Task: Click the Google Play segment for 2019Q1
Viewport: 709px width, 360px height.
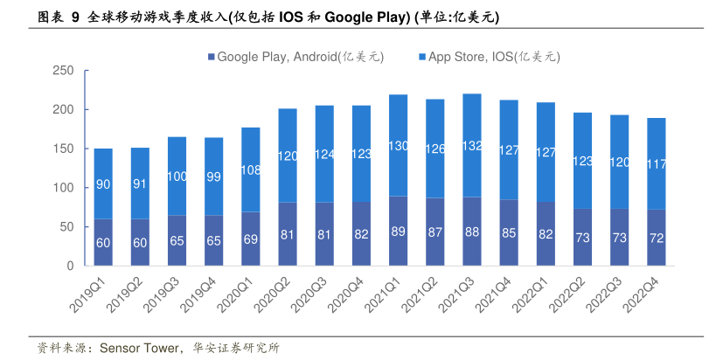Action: click(103, 242)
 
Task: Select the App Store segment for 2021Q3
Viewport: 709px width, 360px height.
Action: click(472, 146)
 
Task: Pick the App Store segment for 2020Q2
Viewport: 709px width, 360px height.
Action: click(288, 156)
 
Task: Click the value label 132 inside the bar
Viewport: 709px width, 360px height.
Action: click(472, 146)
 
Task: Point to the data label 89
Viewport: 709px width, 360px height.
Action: click(399, 232)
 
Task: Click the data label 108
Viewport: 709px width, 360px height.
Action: click(251, 170)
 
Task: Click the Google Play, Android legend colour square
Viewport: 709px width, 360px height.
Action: click(211, 58)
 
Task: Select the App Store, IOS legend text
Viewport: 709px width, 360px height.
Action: click(494, 58)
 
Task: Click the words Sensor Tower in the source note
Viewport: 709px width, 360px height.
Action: click(135, 348)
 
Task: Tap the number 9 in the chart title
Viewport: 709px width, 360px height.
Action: click(76, 17)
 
